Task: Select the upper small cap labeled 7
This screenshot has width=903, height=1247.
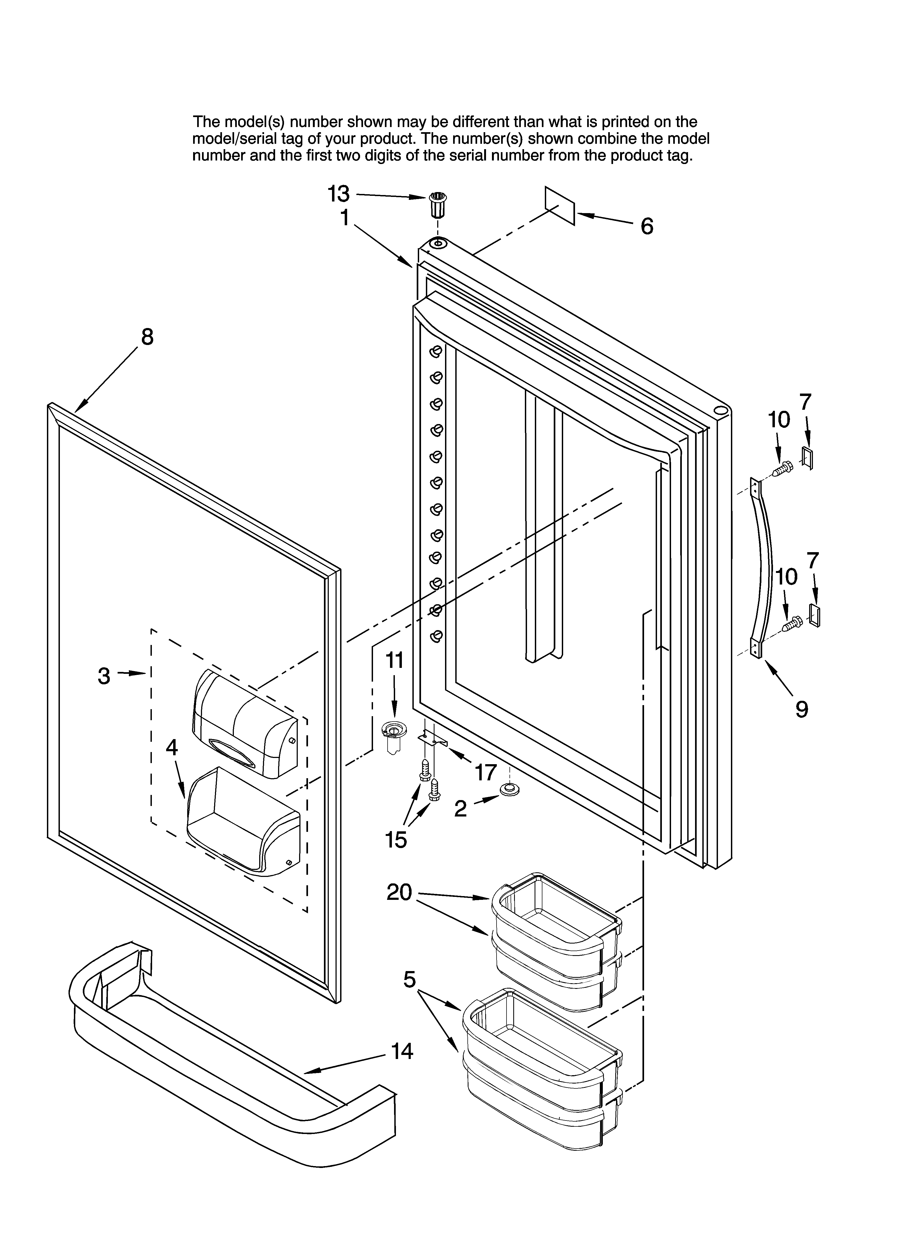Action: (807, 458)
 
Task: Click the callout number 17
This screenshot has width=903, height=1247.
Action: (485, 773)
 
